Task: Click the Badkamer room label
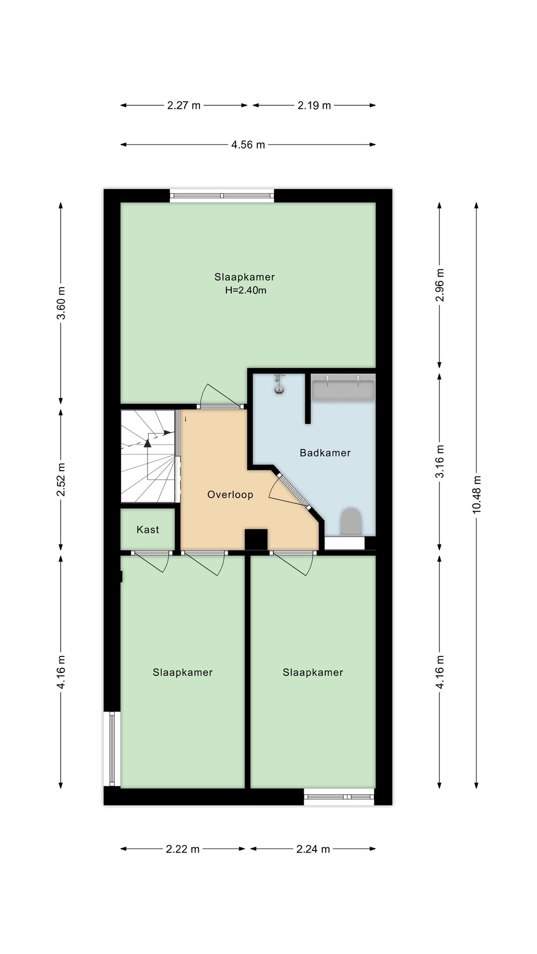point(325,453)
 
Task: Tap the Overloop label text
point(230,494)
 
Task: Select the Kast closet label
point(148,530)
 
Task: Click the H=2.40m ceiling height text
point(246,290)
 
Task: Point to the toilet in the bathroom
point(351,522)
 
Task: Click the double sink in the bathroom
point(343,388)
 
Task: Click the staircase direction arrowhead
point(147,443)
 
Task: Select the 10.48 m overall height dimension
point(476,495)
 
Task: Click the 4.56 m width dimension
point(248,145)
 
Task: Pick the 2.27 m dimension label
point(184,105)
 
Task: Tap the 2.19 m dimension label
point(314,105)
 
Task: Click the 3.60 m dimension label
point(61,303)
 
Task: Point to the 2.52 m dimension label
point(61,479)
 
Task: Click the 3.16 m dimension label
point(440,461)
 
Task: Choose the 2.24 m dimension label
point(313,849)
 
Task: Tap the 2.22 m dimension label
point(182,849)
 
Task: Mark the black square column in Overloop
point(257,540)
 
